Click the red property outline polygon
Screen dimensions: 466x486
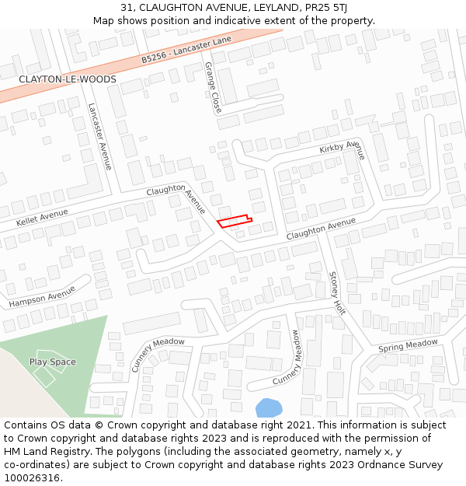pyautogui.click(x=234, y=222)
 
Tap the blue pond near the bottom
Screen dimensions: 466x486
pyautogui.click(x=268, y=407)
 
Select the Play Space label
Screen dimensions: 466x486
pyautogui.click(x=53, y=362)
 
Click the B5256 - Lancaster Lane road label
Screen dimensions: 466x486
pyautogui.click(x=186, y=51)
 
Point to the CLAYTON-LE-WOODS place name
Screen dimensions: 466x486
pyautogui.click(x=68, y=79)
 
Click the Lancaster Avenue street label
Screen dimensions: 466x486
pyautogui.click(x=100, y=136)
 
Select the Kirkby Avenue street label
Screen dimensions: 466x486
pyautogui.click(x=341, y=148)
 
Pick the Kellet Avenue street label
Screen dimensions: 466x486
pyautogui.click(x=42, y=217)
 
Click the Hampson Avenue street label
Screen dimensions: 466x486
pyautogui.click(x=42, y=296)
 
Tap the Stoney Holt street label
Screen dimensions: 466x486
pyautogui.click(x=336, y=292)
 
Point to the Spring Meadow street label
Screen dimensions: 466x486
pyautogui.click(x=408, y=345)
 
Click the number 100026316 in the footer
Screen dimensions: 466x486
pyautogui.click(x=33, y=477)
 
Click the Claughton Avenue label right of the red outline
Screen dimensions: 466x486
pyautogui.click(x=321, y=229)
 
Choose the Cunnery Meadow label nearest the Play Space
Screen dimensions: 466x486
pyautogui.click(x=158, y=355)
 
